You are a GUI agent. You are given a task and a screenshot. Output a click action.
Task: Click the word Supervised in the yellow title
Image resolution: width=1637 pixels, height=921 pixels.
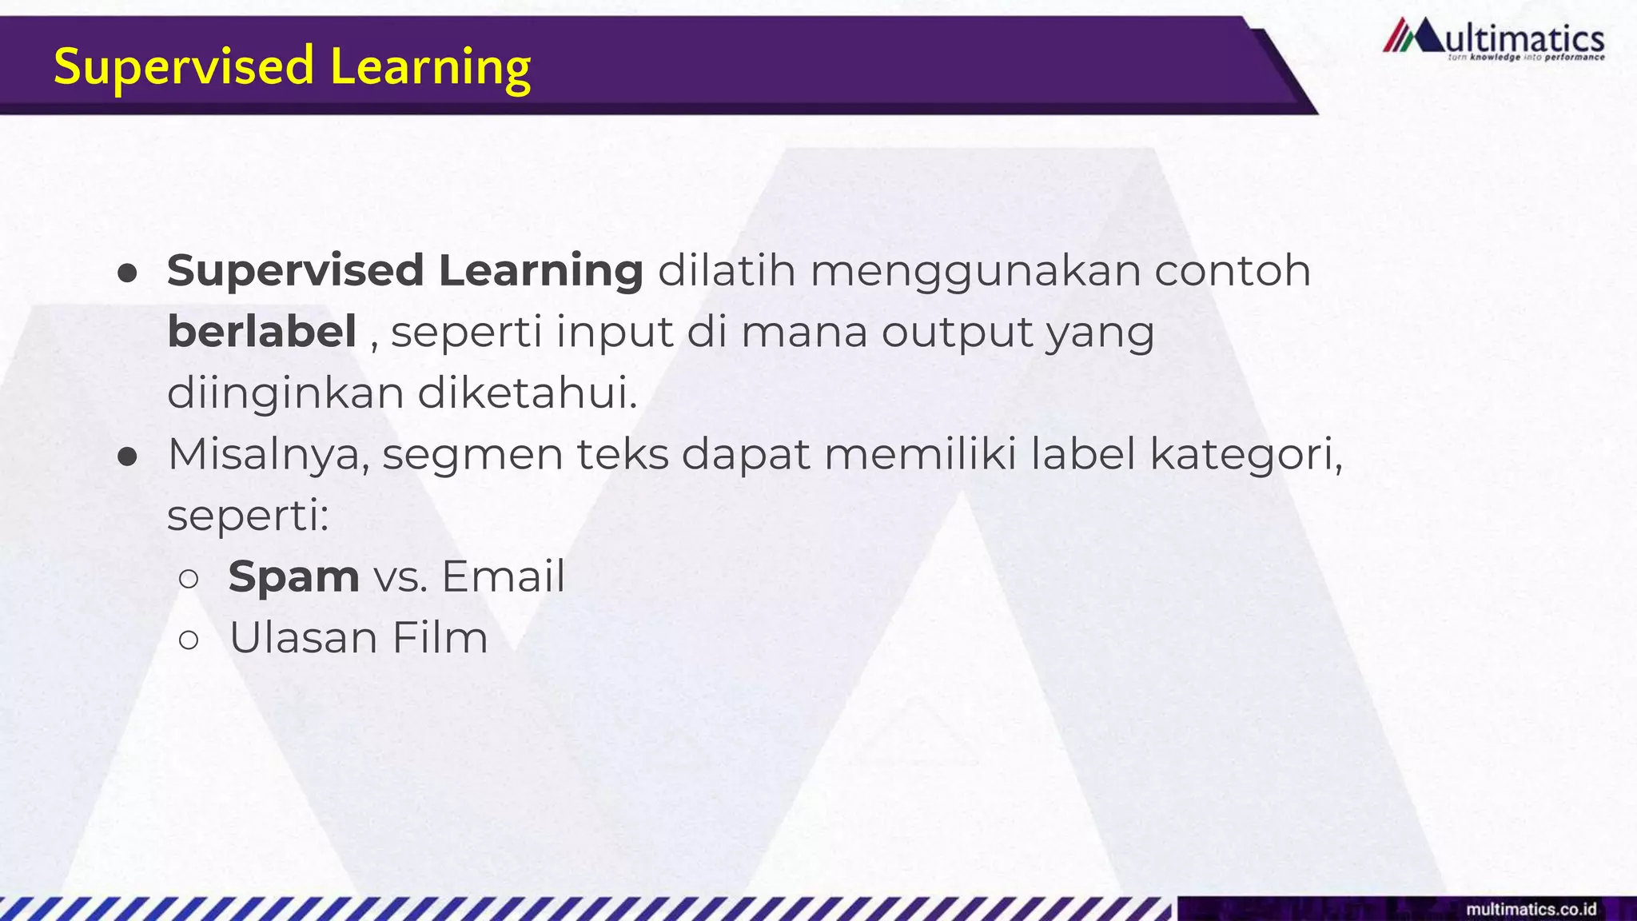tap(184, 66)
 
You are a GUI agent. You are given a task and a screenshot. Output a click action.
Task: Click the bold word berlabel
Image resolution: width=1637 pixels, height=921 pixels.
tap(261, 331)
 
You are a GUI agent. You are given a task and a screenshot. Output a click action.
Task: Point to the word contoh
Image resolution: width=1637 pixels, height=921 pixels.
tap(1232, 270)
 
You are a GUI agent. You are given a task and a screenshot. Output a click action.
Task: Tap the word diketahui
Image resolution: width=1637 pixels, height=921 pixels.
tap(527, 393)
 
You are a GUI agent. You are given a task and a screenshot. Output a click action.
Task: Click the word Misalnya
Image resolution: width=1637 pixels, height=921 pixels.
tap(268, 455)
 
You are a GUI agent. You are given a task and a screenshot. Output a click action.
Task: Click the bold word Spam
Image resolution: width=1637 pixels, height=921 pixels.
tap(293, 576)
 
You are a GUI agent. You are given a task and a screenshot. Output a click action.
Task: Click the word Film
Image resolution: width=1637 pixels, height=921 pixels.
tap(440, 637)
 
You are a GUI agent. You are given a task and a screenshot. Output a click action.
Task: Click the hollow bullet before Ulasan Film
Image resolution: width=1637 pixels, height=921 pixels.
tap(189, 639)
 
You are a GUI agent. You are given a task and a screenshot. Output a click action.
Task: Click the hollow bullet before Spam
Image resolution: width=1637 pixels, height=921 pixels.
tap(189, 578)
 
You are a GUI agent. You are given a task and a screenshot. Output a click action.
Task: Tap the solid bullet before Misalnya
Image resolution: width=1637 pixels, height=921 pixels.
tap(127, 457)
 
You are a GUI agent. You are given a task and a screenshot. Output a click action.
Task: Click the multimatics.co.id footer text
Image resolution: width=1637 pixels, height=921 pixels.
tap(1531, 909)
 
